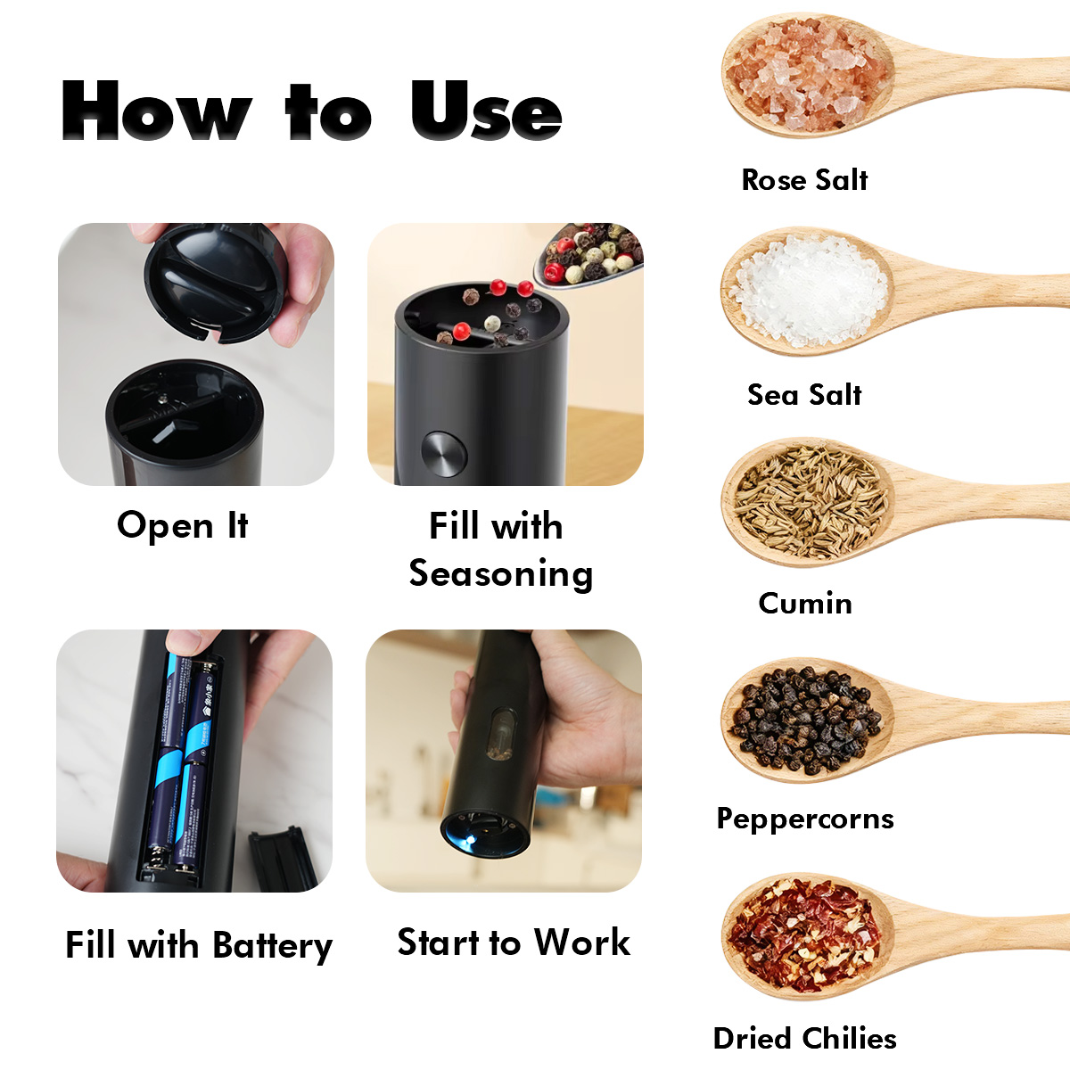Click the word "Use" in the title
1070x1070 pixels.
coord(487,111)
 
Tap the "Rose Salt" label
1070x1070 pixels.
coord(804,180)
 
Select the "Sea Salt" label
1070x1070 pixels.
coord(804,395)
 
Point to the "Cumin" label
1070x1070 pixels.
coord(805,603)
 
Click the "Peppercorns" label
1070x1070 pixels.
coord(805,819)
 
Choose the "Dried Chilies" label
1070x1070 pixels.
coord(804,1039)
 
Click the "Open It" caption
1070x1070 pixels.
coord(183,525)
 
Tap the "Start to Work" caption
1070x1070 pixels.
coord(514,942)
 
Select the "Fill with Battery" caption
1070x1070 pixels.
coord(199,946)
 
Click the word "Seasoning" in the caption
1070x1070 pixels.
coord(501,574)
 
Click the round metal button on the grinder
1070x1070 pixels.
coord(444,454)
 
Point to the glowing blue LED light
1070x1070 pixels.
coord(469,839)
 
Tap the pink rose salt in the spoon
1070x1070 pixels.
coord(807,74)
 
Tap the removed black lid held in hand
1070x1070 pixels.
coord(216,282)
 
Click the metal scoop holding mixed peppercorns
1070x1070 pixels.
coord(588,255)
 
